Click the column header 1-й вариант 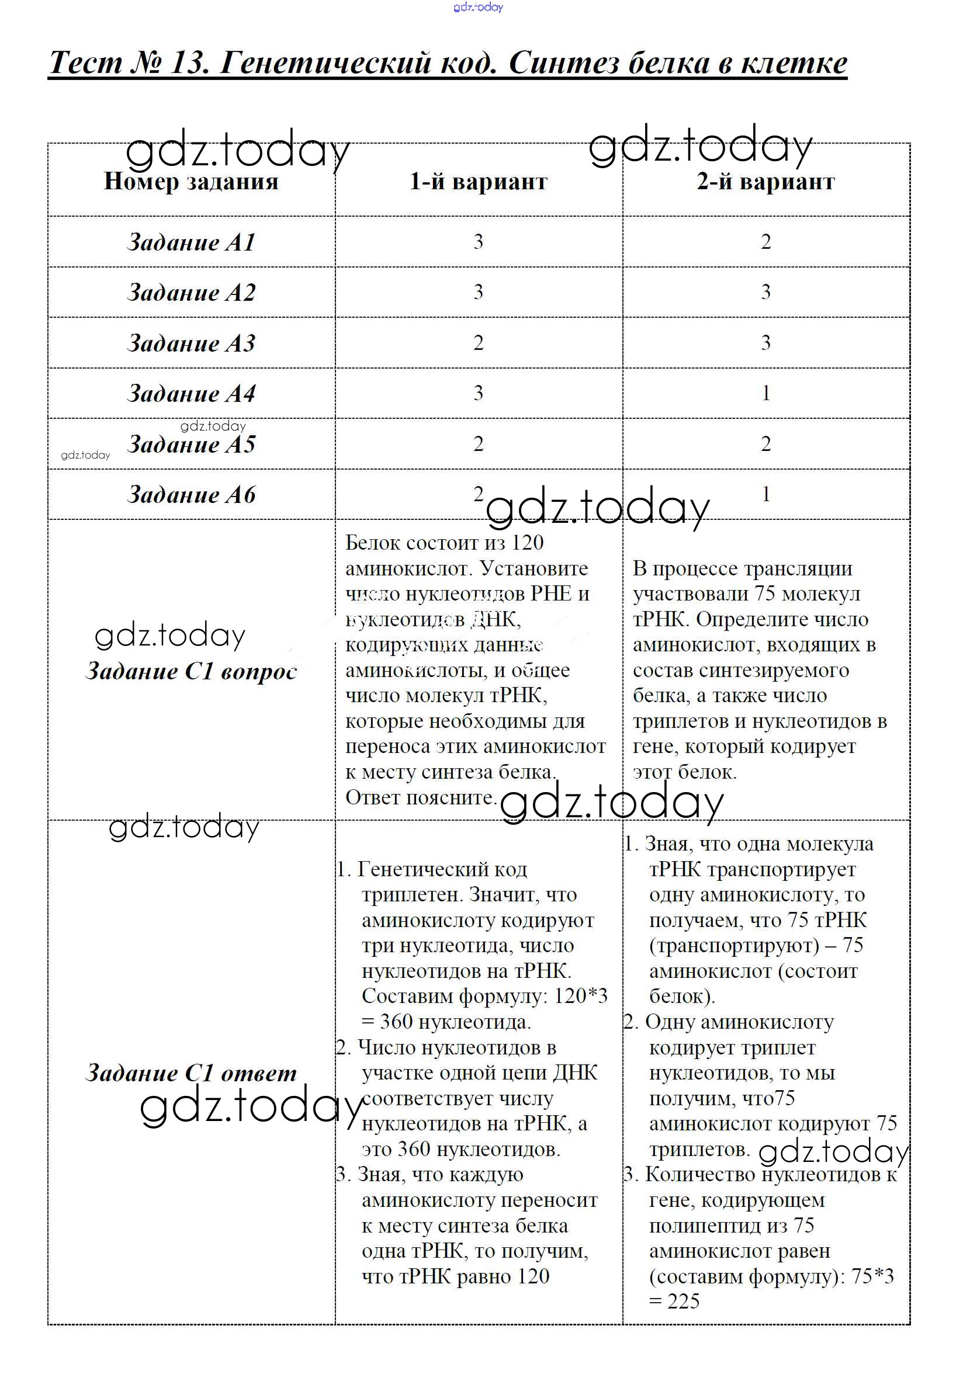[x=478, y=181]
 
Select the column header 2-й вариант [x=766, y=181]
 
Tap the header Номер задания [x=191, y=181]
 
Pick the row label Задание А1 [x=192, y=242]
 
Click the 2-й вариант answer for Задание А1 [x=766, y=242]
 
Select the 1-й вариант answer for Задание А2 [x=478, y=292]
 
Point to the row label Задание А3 [x=192, y=343]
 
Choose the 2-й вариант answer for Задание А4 [x=766, y=393]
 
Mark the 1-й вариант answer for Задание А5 [x=478, y=444]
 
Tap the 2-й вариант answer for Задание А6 [x=766, y=495]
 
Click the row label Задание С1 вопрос [x=192, y=671]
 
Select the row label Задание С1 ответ [x=192, y=1073]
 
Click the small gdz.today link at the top [x=478, y=7]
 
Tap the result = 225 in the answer [x=674, y=1301]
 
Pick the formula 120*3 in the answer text [x=580, y=996]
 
